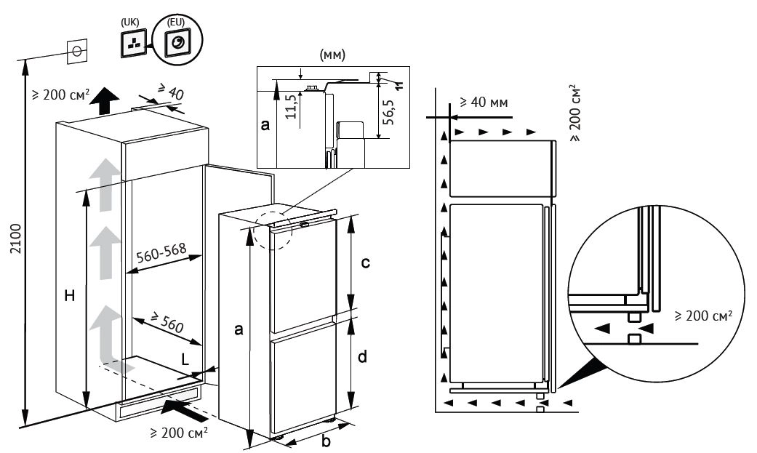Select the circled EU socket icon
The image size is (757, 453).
pos(177,44)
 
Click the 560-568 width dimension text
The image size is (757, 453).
pos(161,254)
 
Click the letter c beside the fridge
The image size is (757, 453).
pos(366,262)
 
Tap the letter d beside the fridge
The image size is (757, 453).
pos(361,357)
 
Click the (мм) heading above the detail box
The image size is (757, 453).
pos(332,55)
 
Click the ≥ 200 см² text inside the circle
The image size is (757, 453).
pos(702,316)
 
